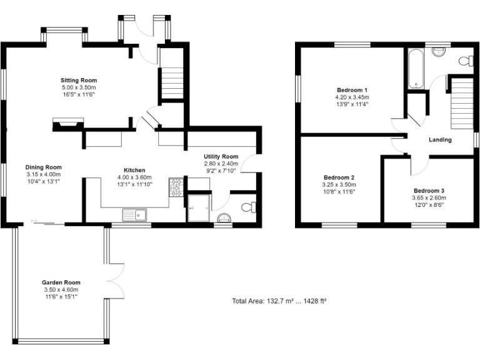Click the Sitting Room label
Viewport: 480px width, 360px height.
(x=79, y=81)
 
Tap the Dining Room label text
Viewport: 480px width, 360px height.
(x=44, y=167)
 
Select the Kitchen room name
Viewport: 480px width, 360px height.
(x=134, y=170)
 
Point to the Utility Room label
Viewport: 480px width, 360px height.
(x=221, y=156)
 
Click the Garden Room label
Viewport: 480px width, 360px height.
(x=61, y=282)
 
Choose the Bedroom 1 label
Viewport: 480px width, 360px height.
(x=352, y=90)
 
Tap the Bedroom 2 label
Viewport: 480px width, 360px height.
(x=339, y=177)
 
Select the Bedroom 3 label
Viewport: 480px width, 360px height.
(x=429, y=190)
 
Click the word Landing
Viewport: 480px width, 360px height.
(x=440, y=139)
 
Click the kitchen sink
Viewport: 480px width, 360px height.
(x=134, y=216)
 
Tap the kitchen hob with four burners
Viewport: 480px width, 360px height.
(x=176, y=186)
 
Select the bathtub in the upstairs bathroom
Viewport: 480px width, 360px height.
(x=415, y=70)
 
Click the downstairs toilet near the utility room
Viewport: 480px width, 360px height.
(x=248, y=207)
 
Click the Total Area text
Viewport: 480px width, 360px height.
(x=279, y=301)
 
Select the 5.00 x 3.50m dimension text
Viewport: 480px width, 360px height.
(x=79, y=88)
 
